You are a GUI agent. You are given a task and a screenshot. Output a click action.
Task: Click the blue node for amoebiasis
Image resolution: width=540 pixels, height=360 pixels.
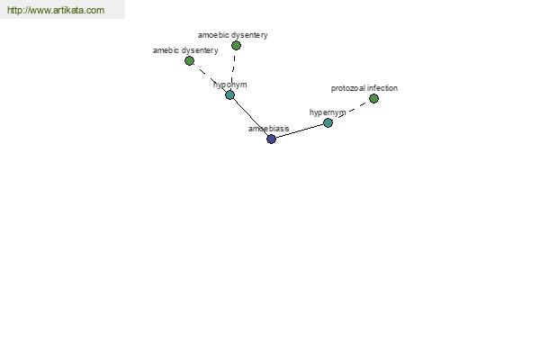click(x=271, y=139)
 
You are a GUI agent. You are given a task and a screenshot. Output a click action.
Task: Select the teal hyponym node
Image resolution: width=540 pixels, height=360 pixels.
click(x=230, y=94)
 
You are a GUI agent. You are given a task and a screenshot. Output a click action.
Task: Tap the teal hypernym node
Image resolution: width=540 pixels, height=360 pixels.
click(x=328, y=122)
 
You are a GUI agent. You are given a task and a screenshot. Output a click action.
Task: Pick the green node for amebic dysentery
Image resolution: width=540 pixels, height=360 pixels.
click(x=189, y=60)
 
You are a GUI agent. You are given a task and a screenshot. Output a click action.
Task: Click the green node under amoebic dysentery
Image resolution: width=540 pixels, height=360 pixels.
click(x=236, y=45)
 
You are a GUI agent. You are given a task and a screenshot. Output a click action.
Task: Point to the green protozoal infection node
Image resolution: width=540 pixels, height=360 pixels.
click(x=373, y=98)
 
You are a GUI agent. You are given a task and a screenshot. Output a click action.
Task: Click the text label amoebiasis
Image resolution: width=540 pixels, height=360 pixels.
click(x=268, y=129)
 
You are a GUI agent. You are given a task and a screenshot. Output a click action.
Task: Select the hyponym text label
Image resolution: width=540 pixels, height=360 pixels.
click(x=230, y=85)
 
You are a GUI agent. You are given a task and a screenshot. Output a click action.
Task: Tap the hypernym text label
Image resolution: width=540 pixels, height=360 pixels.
click(x=328, y=112)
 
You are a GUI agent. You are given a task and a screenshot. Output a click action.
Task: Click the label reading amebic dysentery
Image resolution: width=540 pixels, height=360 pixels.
click(x=185, y=50)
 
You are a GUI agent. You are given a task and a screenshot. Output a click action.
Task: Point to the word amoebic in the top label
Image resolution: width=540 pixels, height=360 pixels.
click(x=214, y=35)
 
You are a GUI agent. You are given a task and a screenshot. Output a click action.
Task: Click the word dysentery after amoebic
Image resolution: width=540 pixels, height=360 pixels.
click(x=250, y=35)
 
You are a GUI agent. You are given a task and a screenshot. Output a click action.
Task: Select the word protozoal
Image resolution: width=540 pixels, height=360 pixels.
click(x=347, y=88)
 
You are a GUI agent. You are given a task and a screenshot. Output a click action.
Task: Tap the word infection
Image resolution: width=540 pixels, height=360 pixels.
click(x=382, y=88)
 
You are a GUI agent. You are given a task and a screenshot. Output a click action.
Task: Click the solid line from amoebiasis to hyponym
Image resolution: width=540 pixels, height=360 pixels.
click(x=250, y=116)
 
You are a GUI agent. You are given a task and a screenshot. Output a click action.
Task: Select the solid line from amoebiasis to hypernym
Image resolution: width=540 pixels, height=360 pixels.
click(x=299, y=130)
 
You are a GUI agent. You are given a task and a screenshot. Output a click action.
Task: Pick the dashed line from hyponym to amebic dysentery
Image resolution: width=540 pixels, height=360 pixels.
click(x=209, y=76)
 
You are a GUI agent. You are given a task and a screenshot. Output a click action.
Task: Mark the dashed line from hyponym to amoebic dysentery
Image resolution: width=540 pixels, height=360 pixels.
click(x=233, y=69)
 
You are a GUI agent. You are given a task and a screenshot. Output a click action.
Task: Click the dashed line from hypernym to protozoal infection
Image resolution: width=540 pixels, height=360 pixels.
click(x=353, y=109)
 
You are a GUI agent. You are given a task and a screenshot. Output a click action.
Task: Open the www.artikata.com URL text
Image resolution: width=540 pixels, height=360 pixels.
click(x=56, y=10)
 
